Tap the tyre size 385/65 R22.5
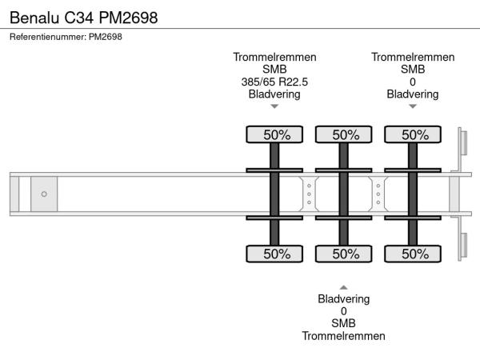click(274, 82)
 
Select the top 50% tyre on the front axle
click(274, 134)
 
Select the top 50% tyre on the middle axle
click(344, 134)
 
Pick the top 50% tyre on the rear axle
click(414, 134)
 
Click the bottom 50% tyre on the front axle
click(274, 254)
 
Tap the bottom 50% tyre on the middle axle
click(344, 254)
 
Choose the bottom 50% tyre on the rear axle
click(414, 254)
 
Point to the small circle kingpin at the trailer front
click(44, 194)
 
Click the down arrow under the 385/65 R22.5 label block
click(274, 106)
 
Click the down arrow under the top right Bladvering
click(413, 106)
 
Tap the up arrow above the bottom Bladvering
click(344, 286)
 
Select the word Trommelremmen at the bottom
click(344, 336)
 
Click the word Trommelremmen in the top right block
click(413, 57)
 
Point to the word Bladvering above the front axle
click(274, 94)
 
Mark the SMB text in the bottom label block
click(344, 323)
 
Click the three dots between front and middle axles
click(309, 194)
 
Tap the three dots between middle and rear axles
click(378, 194)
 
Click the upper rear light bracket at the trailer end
click(462, 145)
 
